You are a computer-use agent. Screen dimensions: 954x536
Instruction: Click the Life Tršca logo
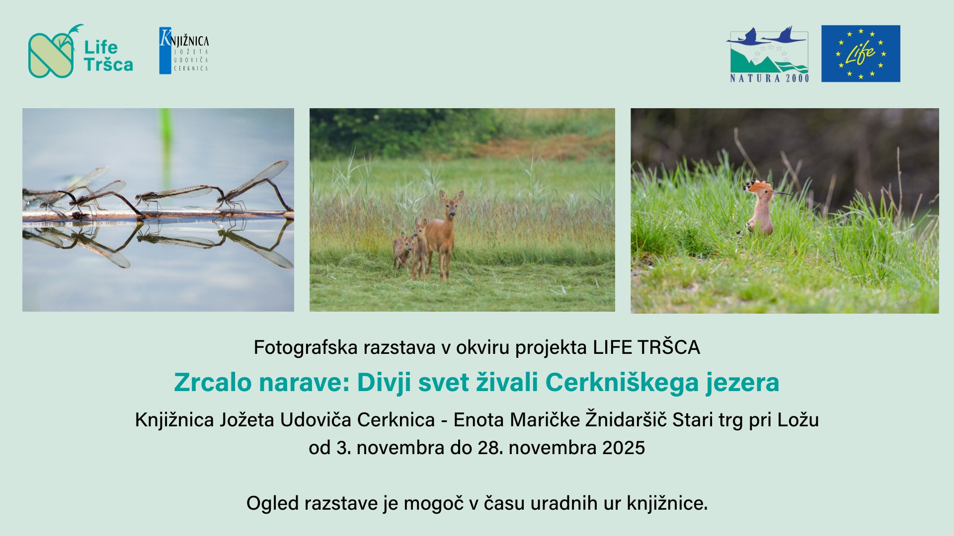tap(80, 52)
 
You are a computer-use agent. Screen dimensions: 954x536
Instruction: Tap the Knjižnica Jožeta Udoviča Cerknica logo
tap(184, 51)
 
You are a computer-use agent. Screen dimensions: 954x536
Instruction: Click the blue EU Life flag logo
tap(861, 54)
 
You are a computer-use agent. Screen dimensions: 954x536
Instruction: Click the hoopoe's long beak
tap(783, 193)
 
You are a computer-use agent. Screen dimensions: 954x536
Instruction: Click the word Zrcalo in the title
tap(213, 383)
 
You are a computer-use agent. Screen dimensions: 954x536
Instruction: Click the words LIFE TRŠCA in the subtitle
tap(646, 347)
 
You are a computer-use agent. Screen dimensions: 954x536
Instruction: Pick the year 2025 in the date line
tap(624, 448)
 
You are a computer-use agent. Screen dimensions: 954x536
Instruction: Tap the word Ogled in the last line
tap(272, 504)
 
